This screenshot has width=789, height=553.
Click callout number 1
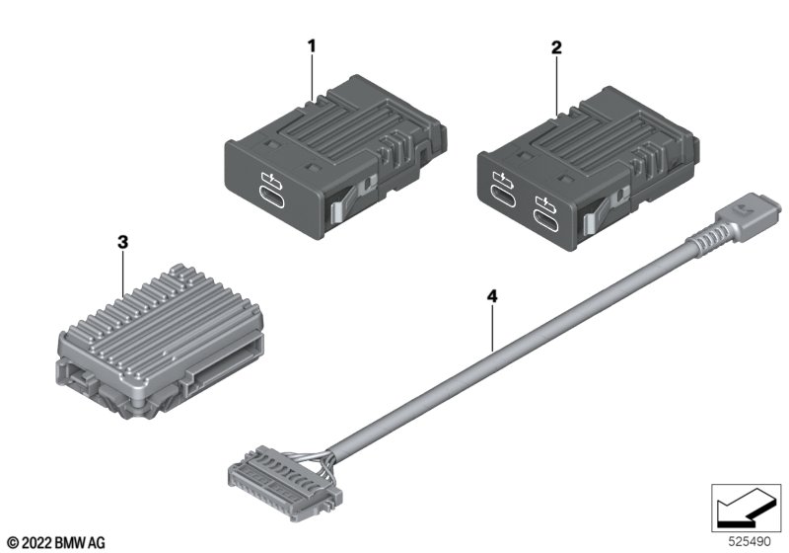[312, 45]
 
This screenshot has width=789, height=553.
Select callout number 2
[556, 45]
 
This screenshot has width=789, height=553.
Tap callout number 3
[121, 241]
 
